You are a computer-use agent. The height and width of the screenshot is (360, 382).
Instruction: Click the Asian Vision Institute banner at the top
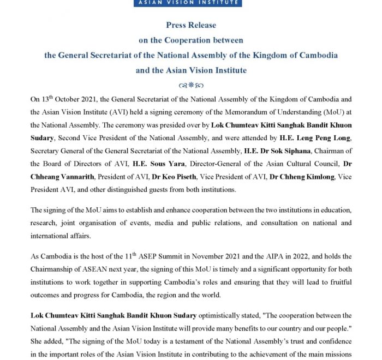click(x=191, y=3)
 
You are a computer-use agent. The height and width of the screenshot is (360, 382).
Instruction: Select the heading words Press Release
click(x=191, y=25)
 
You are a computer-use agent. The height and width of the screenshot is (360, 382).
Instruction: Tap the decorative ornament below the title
click(x=191, y=86)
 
